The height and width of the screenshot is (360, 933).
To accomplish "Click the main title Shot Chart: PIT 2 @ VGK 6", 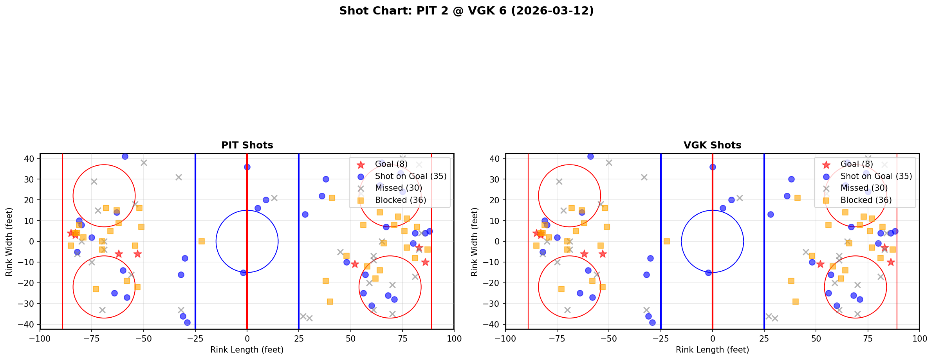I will (x=466, y=11).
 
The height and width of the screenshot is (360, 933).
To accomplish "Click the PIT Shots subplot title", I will (x=247, y=145).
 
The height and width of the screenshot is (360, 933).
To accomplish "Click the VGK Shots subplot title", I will (x=712, y=145).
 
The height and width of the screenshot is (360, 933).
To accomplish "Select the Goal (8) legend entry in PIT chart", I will (x=391, y=164).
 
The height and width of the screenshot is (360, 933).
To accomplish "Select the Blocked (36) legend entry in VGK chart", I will (x=866, y=200).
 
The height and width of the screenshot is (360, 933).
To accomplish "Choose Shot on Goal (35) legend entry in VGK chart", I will (x=876, y=176).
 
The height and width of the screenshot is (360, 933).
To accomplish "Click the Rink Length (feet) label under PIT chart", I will (x=247, y=350).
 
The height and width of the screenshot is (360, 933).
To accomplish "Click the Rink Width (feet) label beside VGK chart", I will (x=475, y=242).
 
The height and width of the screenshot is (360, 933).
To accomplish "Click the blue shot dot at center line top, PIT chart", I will (x=247, y=167).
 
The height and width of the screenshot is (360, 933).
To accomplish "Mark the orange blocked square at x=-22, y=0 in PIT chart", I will (x=202, y=241).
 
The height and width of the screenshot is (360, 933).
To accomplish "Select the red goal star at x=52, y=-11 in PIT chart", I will (x=355, y=264).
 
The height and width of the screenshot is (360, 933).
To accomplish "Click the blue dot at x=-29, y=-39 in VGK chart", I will (x=652, y=322).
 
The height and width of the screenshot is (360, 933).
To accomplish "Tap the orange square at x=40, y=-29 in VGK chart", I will (x=795, y=302).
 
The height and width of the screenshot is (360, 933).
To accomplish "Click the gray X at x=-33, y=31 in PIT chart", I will (x=179, y=177).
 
